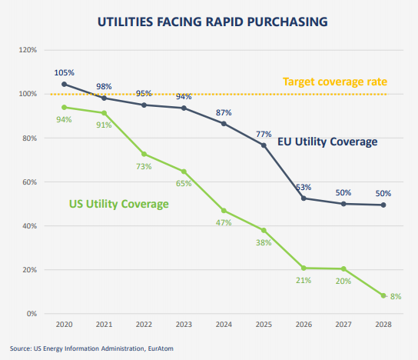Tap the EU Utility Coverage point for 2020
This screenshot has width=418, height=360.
click(x=64, y=84)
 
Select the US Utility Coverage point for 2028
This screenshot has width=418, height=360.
click(x=383, y=295)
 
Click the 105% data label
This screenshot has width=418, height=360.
click(x=64, y=72)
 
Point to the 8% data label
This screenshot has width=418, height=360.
click(x=397, y=295)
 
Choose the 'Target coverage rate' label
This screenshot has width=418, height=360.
click(x=333, y=82)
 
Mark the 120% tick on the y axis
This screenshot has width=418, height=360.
click(x=28, y=50)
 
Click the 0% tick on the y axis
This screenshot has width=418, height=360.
click(x=32, y=314)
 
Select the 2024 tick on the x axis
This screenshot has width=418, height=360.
click(x=224, y=325)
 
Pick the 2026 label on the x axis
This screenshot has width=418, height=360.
click(x=304, y=325)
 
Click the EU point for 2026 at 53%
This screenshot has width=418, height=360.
click(x=304, y=198)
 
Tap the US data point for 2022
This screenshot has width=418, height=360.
click(x=144, y=154)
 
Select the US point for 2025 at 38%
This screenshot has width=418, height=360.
click(x=264, y=230)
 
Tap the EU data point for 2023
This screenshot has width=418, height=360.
click(x=184, y=108)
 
